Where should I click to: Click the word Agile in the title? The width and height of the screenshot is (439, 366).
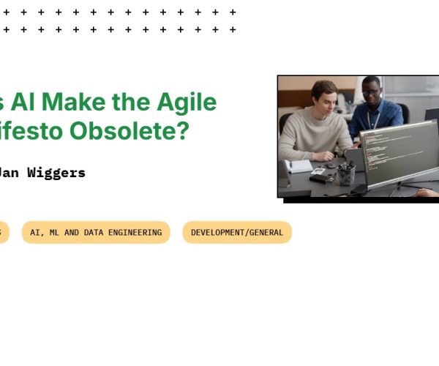[188, 102]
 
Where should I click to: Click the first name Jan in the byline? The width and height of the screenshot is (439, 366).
[10, 173]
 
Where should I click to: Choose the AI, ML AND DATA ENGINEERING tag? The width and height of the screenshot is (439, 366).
[96, 232]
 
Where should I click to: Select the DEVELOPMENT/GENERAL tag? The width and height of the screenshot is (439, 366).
[237, 232]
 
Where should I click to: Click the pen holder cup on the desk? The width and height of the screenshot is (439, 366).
[347, 176]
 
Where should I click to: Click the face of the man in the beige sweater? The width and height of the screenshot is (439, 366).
[323, 96]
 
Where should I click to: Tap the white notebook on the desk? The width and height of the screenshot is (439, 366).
[301, 166]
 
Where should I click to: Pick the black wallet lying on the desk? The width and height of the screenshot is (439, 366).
[320, 178]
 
